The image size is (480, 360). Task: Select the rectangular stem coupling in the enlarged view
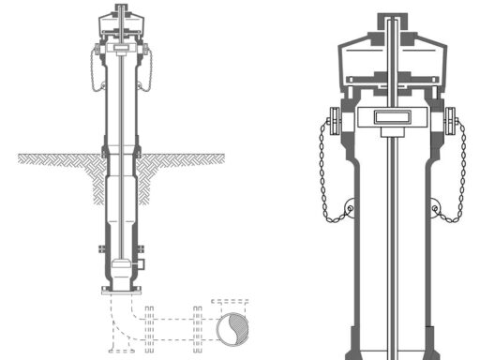(391, 117)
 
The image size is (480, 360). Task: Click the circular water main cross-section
(229, 330)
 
